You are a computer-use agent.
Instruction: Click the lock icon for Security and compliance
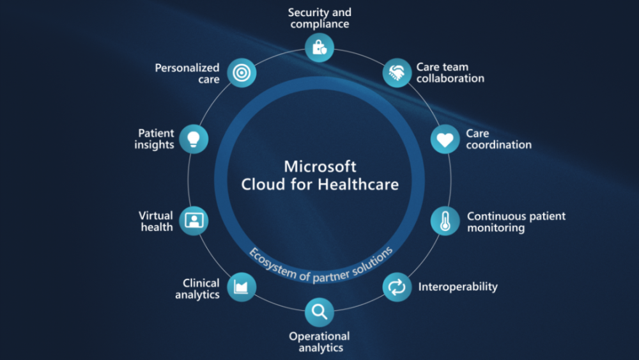pos(319,48)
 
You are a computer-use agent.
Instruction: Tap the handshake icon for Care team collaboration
pos(397,73)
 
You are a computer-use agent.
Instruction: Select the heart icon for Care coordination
pos(445,139)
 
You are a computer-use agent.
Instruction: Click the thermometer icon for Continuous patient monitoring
pos(445,221)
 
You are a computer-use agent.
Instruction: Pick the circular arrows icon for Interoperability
pos(397,287)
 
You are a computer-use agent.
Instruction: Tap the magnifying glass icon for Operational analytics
pos(319,312)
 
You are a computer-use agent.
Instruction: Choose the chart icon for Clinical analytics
pos(242,287)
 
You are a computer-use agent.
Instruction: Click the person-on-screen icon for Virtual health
pos(194,221)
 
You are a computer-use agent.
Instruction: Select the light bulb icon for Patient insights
pos(194,139)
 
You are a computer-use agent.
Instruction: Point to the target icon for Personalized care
pos(242,73)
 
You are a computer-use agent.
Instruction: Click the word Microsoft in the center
pos(320,166)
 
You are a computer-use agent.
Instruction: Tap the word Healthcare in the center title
pos(358,184)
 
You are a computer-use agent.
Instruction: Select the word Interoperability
pos(458,286)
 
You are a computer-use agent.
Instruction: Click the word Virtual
pos(156,215)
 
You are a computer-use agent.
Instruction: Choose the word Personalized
pos(187,68)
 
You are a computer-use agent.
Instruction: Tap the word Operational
pos(319,336)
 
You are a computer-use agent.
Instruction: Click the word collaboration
pos(450,78)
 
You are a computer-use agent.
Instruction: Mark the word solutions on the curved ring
pos(373,261)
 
